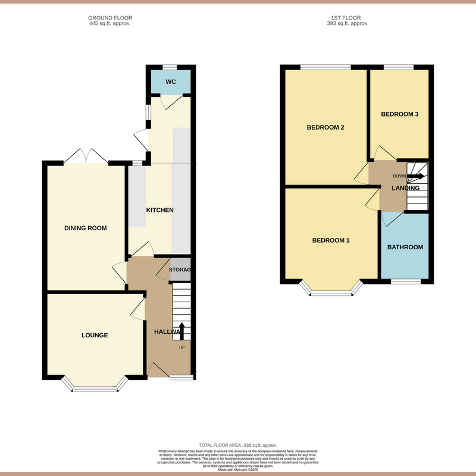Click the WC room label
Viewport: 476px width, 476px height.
tap(170, 82)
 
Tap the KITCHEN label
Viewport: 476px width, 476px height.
tap(159, 210)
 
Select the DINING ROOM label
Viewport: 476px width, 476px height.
tap(86, 228)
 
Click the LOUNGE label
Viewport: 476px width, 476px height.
tap(95, 335)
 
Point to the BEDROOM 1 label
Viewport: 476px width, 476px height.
tap(331, 240)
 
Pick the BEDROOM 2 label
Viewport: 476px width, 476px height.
tap(325, 127)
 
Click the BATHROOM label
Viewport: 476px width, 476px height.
tap(405, 247)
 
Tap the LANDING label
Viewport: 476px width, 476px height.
tap(405, 188)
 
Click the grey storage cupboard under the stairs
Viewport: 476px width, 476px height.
tap(180, 270)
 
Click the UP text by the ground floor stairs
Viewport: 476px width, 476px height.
tap(182, 347)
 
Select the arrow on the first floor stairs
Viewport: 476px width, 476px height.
tap(416, 176)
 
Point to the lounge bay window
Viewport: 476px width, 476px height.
tap(95, 388)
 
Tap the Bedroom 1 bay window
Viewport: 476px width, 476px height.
tap(332, 291)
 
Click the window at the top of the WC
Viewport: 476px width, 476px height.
tap(170, 67)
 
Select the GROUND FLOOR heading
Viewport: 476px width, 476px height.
tap(109, 18)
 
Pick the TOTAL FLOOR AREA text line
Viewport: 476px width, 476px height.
tap(238, 446)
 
